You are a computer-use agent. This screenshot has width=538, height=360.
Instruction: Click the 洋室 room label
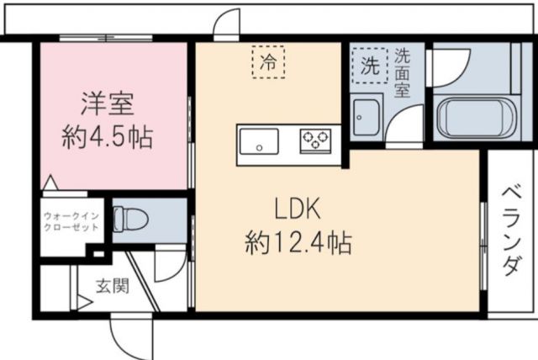(108, 104)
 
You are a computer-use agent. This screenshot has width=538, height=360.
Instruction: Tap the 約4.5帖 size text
(108, 137)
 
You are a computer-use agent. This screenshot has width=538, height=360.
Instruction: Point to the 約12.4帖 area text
(298, 244)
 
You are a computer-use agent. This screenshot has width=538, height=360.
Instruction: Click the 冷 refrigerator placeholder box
(270, 61)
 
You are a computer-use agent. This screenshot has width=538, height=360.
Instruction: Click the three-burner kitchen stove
(316, 140)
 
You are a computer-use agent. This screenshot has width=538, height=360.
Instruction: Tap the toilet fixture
(131, 221)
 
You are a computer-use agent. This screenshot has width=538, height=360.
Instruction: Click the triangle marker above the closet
(50, 183)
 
